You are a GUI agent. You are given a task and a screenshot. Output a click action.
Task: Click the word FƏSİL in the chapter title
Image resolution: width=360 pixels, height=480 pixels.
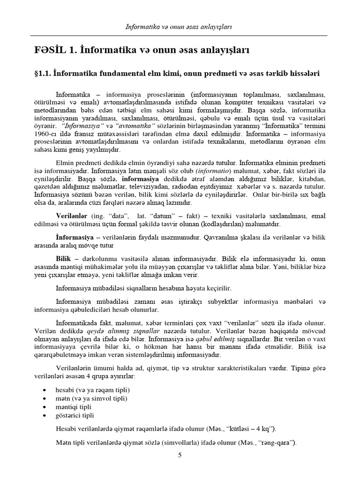click(x=51, y=50)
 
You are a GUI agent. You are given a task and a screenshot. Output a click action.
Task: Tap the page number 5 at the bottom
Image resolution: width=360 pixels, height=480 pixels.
click(x=180, y=455)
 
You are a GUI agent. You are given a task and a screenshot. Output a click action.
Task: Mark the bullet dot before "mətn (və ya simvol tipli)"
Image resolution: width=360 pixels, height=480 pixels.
click(x=44, y=398)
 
